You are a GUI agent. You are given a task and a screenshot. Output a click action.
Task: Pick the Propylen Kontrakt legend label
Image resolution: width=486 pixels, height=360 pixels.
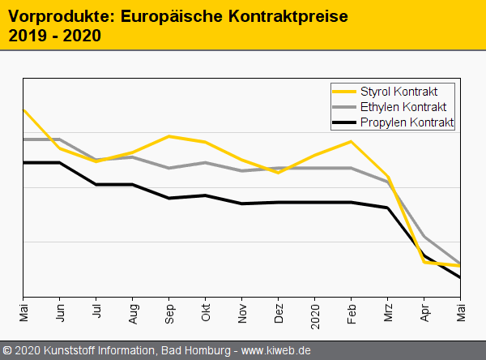[x=407, y=122]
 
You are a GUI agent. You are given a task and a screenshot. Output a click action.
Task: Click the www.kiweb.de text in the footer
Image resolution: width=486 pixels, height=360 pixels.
[x=276, y=351]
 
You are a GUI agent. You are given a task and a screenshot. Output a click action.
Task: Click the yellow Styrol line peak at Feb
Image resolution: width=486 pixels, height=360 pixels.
[x=351, y=141]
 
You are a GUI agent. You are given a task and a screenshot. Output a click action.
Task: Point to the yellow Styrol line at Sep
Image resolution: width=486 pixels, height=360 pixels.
[x=168, y=136]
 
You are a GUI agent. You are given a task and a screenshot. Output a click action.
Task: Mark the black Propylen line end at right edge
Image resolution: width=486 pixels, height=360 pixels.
[x=460, y=277]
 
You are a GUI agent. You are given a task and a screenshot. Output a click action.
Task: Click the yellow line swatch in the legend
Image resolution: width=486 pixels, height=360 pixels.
[x=346, y=91]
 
